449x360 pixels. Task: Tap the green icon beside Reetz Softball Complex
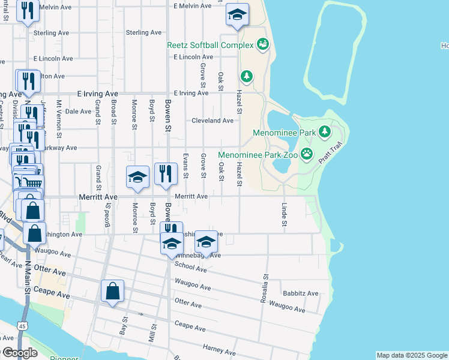[x=262, y=44]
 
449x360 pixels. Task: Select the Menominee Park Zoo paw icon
[x=307, y=154]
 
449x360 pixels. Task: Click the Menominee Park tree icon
[x=325, y=131]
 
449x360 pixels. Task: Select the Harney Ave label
[x=219, y=350]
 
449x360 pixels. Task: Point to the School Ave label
[x=191, y=267]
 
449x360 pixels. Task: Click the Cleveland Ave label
[x=212, y=121]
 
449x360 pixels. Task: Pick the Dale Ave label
[x=77, y=111]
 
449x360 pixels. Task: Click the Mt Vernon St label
[x=59, y=116]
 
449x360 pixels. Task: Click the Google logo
[x=19, y=353]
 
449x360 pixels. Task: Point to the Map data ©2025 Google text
[x=411, y=355]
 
